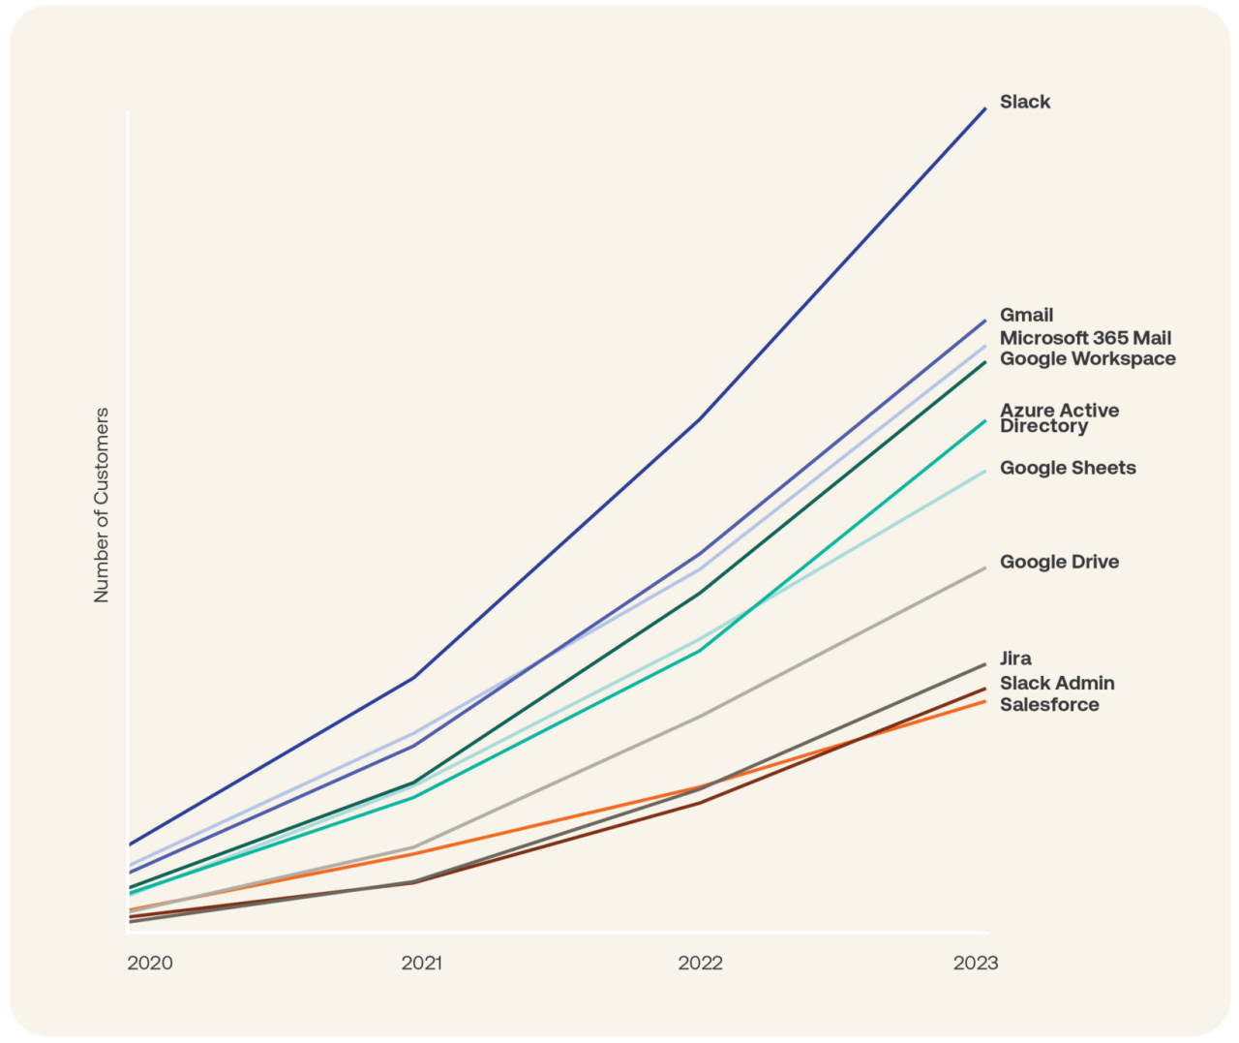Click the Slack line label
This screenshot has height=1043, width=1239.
coord(1024,102)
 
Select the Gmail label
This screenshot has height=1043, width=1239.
coord(1026,315)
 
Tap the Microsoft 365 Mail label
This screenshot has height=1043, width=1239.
coord(1085,338)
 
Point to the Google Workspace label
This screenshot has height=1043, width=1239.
coord(1087,358)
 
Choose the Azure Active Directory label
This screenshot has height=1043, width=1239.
coord(1059,418)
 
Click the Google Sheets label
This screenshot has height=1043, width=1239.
coord(1068,468)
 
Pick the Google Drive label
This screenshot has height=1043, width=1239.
coord(1059,562)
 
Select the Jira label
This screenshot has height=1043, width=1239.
coord(1015,659)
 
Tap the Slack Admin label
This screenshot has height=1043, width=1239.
coord(1057,683)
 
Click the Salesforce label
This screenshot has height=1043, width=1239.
coord(1049,704)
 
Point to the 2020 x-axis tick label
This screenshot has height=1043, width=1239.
coord(150,963)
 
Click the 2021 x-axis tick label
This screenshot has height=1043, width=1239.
coord(422,963)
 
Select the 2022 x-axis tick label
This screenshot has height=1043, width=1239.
coord(700,963)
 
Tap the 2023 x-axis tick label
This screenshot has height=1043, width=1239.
coord(976,963)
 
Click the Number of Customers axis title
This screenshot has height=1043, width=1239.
coord(102,506)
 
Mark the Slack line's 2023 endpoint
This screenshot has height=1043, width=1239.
coord(985,108)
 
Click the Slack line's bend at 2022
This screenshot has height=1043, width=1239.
coord(699,419)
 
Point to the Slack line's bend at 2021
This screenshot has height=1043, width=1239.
coord(414,677)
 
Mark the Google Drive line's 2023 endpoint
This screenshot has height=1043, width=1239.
coord(985,568)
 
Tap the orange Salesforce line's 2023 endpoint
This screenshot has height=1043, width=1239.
coord(985,700)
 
